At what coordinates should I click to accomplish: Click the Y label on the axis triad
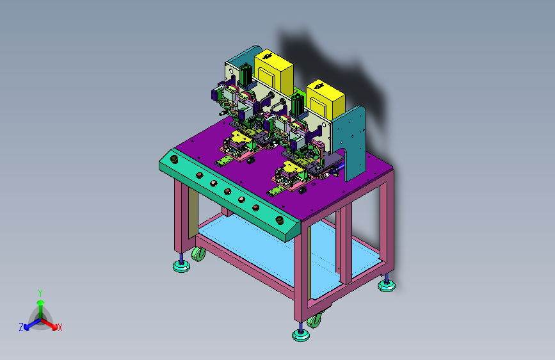(x=40, y=293)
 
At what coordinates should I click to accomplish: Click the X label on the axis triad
(x=60, y=327)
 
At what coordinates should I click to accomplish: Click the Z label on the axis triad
(x=21, y=327)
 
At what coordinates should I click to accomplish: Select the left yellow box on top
(x=274, y=72)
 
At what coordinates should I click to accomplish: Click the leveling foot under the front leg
(x=301, y=334)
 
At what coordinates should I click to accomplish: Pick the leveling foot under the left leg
(x=181, y=265)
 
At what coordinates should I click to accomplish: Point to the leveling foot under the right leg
(x=387, y=284)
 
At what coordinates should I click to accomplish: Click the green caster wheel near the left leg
(x=198, y=254)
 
